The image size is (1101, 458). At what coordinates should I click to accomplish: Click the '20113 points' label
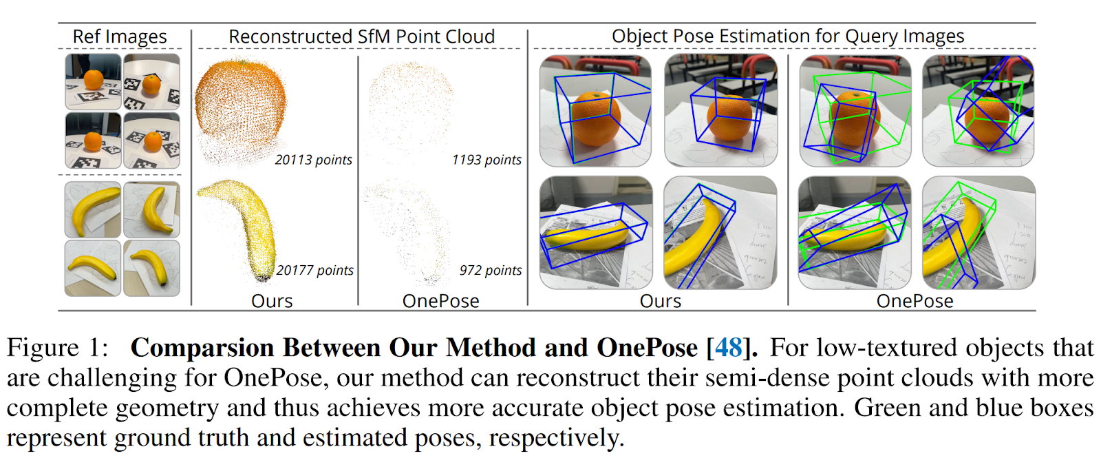[313, 160]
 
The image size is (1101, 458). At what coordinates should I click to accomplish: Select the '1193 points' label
[487, 160]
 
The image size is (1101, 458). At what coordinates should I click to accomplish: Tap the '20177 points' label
[314, 270]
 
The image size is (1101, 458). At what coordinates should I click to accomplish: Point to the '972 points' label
[491, 270]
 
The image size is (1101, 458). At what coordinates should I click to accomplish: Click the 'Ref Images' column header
[120, 37]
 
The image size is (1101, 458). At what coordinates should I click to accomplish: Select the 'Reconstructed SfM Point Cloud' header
[362, 37]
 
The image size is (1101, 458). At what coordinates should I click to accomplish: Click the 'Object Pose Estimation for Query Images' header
[788, 36]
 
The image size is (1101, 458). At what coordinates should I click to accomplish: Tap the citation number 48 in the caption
[729, 348]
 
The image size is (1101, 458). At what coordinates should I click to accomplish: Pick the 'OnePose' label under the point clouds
[441, 301]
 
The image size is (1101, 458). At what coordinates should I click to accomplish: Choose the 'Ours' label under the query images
[660, 301]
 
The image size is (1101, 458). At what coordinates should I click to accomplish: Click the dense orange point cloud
[240, 106]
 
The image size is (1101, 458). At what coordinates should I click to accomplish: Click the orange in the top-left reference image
[94, 80]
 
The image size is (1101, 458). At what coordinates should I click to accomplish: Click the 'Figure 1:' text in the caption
[57, 348]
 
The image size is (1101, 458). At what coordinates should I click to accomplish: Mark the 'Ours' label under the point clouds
[272, 301]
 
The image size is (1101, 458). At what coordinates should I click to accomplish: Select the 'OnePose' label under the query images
[915, 301]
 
